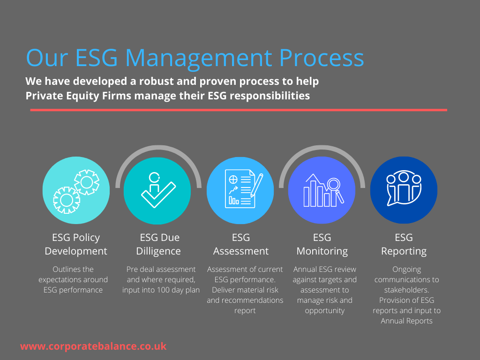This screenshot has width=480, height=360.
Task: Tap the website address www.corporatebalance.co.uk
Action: (93, 346)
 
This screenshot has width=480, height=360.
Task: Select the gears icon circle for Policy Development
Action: (76, 190)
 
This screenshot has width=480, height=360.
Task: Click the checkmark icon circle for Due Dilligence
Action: (157, 190)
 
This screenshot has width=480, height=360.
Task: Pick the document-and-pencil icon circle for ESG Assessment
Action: (240, 190)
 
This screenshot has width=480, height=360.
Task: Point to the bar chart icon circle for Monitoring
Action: (322, 190)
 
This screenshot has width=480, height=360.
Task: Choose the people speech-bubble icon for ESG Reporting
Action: (404, 190)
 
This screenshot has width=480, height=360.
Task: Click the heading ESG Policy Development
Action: (76, 244)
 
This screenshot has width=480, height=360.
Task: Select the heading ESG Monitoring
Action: (322, 244)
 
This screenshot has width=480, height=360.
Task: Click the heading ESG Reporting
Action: (404, 244)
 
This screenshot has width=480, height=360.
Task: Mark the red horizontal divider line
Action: (239, 110)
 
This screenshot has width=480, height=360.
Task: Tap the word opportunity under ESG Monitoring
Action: (324, 310)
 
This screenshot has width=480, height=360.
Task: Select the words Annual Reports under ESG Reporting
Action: (406, 321)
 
